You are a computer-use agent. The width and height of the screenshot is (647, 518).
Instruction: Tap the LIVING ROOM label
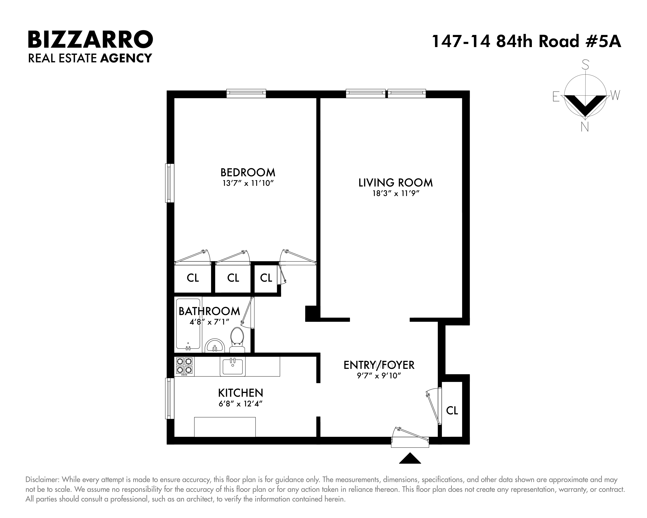(396, 183)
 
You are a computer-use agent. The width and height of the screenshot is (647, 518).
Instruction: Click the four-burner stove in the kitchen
(184, 366)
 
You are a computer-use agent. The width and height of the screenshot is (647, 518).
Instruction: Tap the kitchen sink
(233, 366)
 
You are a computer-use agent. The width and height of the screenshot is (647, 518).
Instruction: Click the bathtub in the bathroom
(188, 324)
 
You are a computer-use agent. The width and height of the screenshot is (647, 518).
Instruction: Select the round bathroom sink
(215, 346)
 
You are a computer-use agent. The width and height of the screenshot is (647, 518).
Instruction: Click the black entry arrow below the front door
(410, 458)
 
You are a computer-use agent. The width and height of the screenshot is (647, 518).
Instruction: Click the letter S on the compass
(585, 65)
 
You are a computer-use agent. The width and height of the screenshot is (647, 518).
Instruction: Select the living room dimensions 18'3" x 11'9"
(396, 194)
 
